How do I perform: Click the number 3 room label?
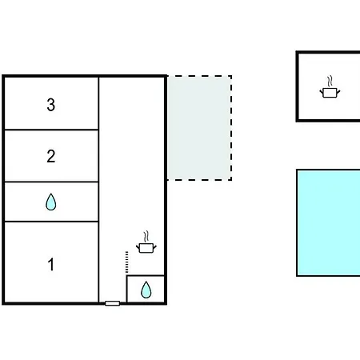(x=51, y=105)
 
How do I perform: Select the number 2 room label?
(x=51, y=156)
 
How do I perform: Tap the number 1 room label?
(x=51, y=264)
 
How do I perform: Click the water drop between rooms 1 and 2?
(x=51, y=202)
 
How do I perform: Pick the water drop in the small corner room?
(x=146, y=290)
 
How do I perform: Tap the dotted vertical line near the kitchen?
(x=126, y=262)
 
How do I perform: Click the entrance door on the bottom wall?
(x=112, y=303)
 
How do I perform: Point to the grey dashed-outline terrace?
(x=199, y=128)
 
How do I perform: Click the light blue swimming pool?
(x=329, y=222)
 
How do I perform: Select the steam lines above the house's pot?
(x=146, y=237)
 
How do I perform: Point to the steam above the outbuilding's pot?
(x=330, y=82)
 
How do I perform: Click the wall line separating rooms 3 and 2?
(x=51, y=130)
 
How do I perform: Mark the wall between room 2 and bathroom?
(x=51, y=182)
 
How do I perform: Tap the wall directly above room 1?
(x=51, y=222)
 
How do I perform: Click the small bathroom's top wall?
(x=146, y=275)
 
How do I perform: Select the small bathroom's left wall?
(x=126, y=289)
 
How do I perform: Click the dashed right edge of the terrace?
(x=231, y=128)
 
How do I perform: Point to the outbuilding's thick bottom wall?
(x=328, y=121)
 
